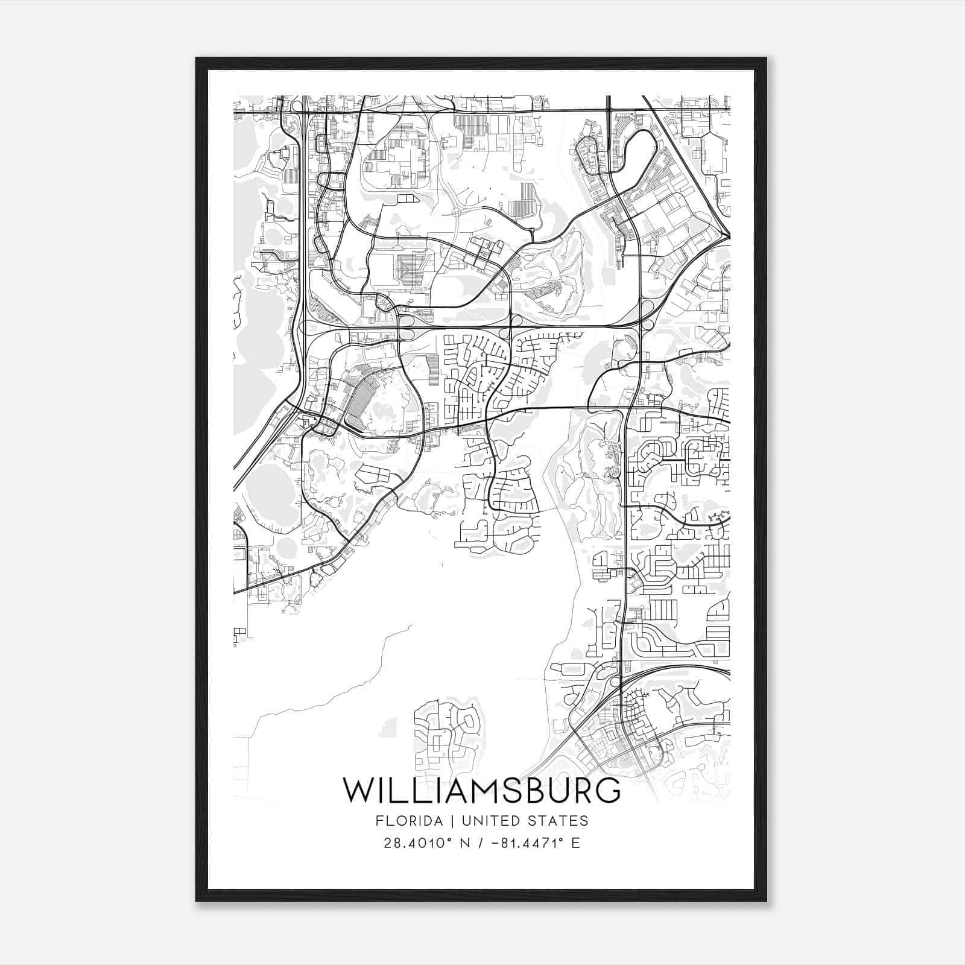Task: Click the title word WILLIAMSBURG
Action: tap(481, 791)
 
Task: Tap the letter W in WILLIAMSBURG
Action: tap(357, 791)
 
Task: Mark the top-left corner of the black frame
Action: tap(197, 59)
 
